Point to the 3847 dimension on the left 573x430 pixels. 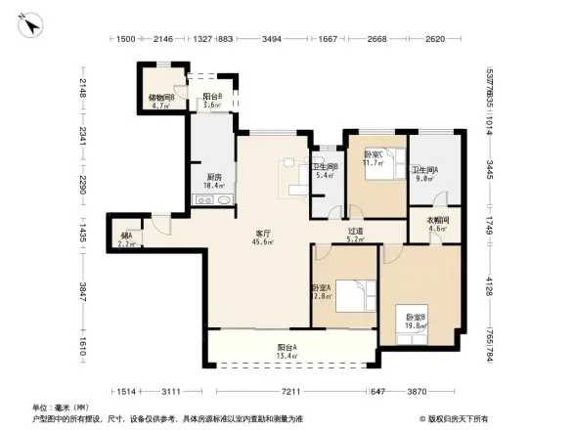84,289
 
